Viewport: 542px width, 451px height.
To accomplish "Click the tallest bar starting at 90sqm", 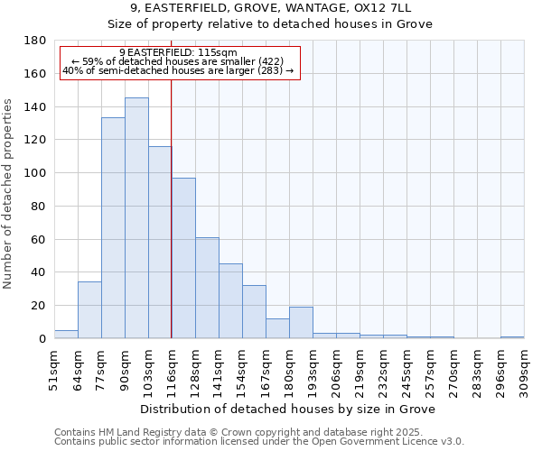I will tap(136, 218).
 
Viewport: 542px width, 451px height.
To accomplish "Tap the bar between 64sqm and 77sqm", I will tap(89, 310).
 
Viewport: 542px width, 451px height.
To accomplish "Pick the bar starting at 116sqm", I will tap(183, 258).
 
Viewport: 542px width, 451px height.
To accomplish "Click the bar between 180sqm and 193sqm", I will tap(301, 323).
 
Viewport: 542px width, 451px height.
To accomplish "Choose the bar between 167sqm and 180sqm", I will tap(277, 328).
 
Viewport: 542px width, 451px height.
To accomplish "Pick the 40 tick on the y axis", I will tap(39, 272).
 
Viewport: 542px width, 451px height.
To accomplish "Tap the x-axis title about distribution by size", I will tap(289, 409).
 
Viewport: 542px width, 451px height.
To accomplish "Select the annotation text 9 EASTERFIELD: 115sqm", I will tap(178, 52).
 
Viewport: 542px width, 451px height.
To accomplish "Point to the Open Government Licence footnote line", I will tap(259, 441).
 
